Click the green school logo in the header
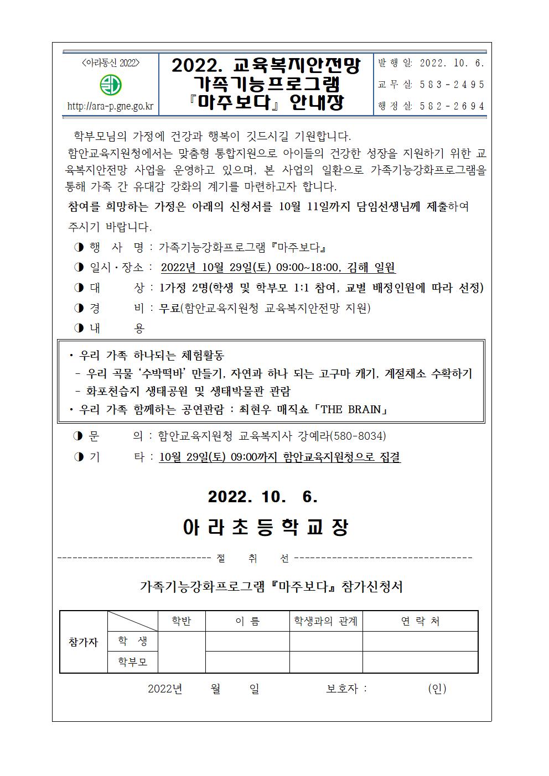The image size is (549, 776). coord(111,85)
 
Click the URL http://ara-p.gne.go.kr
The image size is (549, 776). coord(110,106)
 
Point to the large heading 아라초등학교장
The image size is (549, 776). coord(265,527)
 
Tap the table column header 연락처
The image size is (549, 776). coord(420,621)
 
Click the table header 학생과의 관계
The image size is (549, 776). coord(326,621)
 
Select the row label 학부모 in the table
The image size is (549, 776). coord(133,662)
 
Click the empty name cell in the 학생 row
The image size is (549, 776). coord(247,641)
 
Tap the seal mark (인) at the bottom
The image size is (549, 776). coord(437,689)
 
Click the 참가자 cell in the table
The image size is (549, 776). coord(83,642)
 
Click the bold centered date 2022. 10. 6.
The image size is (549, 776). coord(263,497)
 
